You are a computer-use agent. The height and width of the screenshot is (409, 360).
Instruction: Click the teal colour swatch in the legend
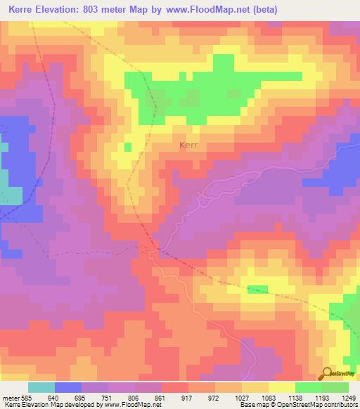pyautogui.click(x=41, y=387)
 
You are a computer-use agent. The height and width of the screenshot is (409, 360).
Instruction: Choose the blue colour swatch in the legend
pyautogui.click(x=68, y=387)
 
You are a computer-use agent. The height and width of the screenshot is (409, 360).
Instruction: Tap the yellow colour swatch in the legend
pyautogui.click(x=281, y=387)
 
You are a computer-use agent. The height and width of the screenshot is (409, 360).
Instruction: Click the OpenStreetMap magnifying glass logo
pyautogui.click(x=328, y=373)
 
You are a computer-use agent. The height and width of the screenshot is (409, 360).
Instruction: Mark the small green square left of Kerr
pyautogui.click(x=127, y=146)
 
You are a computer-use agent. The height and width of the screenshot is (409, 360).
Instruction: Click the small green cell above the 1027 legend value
pyautogui.click(x=257, y=290)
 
